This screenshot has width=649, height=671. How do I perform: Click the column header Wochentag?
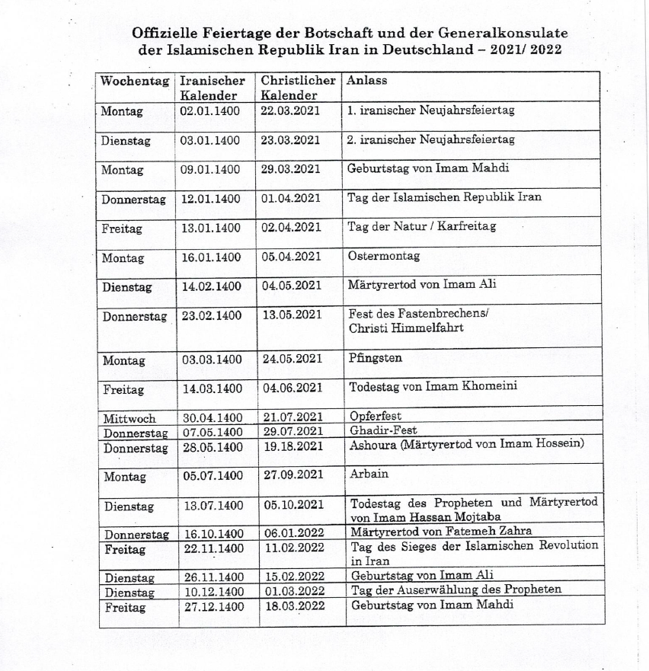click(x=135, y=81)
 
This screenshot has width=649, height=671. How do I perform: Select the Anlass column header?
click(x=367, y=81)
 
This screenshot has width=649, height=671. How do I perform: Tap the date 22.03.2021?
click(x=290, y=110)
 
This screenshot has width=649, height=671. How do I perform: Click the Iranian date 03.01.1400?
click(x=210, y=140)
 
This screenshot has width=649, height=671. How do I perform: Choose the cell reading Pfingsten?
click(x=376, y=358)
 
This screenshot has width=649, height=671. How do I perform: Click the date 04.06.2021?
click(x=293, y=388)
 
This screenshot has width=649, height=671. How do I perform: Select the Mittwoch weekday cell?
click(x=129, y=417)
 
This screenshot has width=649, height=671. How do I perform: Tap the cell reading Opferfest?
click(x=375, y=417)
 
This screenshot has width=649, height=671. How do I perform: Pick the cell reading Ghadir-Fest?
click(x=383, y=430)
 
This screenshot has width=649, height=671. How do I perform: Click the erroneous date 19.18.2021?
click(x=293, y=446)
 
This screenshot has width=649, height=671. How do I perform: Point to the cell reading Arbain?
click(x=369, y=474)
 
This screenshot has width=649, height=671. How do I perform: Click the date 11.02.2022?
click(x=293, y=548)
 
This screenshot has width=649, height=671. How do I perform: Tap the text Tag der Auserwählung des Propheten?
click(x=456, y=590)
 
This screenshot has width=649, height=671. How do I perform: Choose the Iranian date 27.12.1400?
click(x=213, y=607)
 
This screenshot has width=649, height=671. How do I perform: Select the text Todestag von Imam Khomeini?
click(x=433, y=386)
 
